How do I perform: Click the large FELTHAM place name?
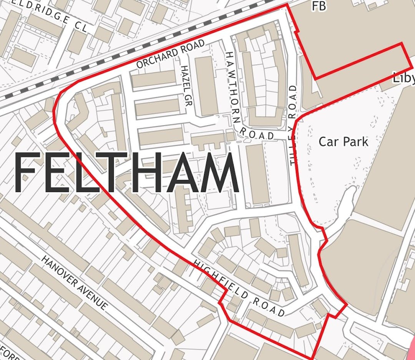click(x=127, y=173)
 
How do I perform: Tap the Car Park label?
click(x=343, y=142)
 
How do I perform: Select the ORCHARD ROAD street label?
click(x=171, y=55)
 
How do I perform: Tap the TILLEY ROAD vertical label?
click(x=294, y=125)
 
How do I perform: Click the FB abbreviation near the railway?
click(x=319, y=6)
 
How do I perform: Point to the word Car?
click(x=328, y=142)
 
